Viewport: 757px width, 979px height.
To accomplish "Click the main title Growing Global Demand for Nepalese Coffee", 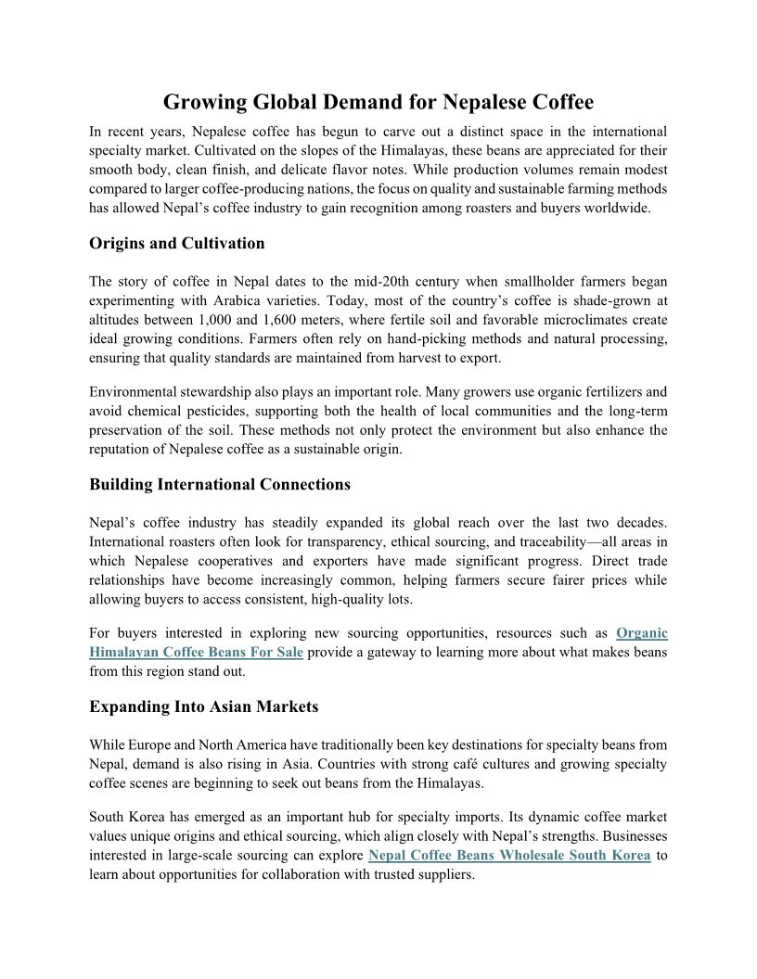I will [378, 101].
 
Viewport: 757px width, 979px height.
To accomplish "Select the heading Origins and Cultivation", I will [176, 244].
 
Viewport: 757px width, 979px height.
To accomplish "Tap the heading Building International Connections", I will [220, 484].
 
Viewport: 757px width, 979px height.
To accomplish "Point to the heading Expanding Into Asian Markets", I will [203, 706].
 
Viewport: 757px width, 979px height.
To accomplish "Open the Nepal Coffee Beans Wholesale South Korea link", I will [508, 855].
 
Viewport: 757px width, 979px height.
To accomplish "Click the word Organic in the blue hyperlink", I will [641, 633].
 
